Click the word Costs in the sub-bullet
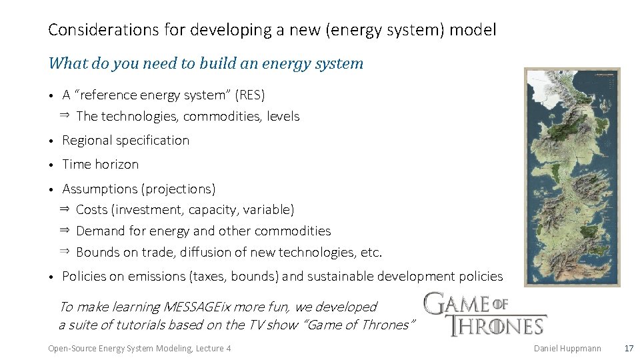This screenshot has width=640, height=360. pyautogui.click(x=92, y=210)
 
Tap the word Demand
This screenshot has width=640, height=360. pyautogui.click(x=101, y=231)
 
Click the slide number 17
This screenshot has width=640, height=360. pyautogui.click(x=628, y=348)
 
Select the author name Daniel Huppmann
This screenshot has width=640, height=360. pyautogui.click(x=567, y=348)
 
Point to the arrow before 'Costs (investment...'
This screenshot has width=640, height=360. pyautogui.click(x=65, y=209)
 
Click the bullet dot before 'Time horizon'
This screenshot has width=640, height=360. pyautogui.click(x=51, y=165)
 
